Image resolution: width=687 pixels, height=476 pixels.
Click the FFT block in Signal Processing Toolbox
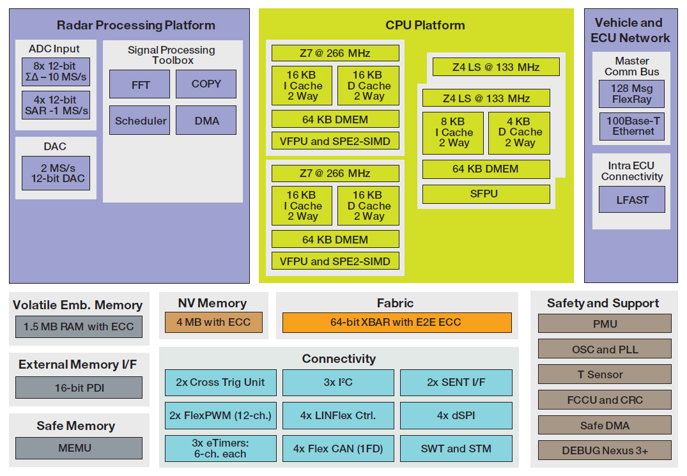pos(139,84)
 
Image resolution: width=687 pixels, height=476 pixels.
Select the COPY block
pos(206,84)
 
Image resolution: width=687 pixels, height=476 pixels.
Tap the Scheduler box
pos(139,121)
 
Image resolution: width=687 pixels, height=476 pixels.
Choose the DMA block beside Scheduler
pos(206,121)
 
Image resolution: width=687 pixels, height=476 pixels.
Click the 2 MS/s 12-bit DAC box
pos(56,173)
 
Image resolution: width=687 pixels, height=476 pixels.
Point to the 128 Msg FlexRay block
pos(631,94)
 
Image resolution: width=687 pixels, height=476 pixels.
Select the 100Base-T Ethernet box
pos(631,127)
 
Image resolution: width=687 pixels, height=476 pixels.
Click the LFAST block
pos(631,200)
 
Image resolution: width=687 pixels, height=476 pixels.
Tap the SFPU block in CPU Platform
pos(486,194)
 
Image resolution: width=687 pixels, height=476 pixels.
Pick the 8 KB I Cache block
pos(452,133)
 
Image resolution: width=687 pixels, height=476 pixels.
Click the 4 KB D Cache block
pos(519,133)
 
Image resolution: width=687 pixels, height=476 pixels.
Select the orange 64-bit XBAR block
pos(397,323)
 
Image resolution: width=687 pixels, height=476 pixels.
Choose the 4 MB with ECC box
pos(213,322)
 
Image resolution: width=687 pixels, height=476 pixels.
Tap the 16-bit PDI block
pos(79,388)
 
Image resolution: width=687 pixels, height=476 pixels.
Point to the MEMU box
pos(79,448)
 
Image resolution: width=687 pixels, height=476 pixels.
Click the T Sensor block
pos(605,374)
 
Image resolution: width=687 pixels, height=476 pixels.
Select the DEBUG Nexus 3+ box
pos(605,450)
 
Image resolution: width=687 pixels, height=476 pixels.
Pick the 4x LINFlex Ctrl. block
pos(338,415)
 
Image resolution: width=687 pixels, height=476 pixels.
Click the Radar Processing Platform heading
pos(135,26)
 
